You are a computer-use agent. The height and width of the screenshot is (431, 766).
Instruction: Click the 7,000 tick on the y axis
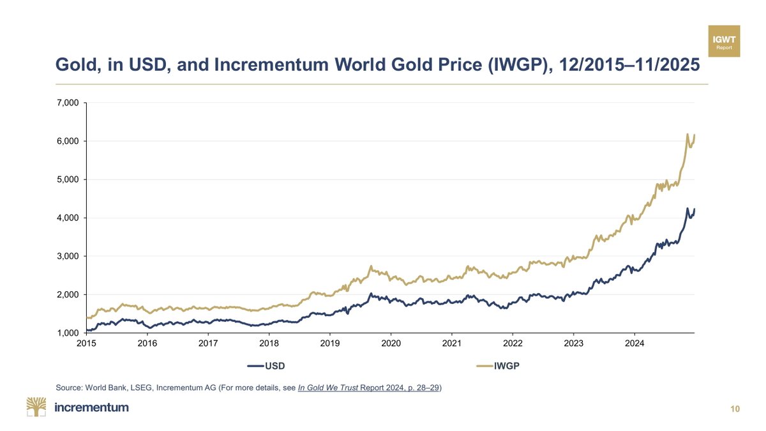67,103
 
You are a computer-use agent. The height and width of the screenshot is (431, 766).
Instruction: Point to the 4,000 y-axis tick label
67,218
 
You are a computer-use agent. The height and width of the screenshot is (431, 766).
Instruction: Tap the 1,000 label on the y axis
67,333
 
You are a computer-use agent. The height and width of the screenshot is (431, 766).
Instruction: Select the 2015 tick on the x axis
86,344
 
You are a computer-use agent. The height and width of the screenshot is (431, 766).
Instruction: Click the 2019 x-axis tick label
329,344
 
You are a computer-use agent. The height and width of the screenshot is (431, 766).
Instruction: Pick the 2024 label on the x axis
634,344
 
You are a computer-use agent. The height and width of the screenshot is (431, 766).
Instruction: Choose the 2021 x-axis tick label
451,344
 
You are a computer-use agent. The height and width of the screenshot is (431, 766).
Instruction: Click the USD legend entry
266,366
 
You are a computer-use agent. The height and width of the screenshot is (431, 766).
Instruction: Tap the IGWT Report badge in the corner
724,41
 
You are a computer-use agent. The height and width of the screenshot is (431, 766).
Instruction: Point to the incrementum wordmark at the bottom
91,407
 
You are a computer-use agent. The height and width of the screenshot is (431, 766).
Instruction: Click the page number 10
735,409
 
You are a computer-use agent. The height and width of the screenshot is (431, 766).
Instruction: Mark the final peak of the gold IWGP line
687,134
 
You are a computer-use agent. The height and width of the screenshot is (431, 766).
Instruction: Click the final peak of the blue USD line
687,209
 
